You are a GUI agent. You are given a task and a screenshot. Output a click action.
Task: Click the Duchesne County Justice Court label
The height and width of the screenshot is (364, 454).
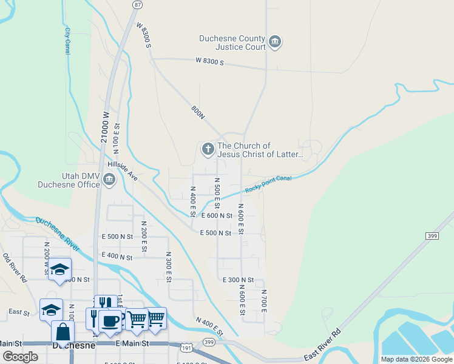[x=232, y=42]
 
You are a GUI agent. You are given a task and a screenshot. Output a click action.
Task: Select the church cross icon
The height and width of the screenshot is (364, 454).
[x=207, y=149]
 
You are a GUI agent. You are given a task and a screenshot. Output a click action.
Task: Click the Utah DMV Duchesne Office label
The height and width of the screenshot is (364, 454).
[x=68, y=180]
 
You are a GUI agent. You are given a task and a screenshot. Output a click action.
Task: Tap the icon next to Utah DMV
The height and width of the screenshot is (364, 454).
[x=109, y=178]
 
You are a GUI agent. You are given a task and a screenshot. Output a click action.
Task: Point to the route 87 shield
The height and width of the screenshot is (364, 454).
[x=138, y=5]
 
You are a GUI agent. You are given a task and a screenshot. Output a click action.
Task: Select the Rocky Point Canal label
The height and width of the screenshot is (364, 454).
[x=268, y=184]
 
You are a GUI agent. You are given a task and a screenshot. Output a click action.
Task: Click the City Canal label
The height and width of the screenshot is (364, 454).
[x=67, y=41]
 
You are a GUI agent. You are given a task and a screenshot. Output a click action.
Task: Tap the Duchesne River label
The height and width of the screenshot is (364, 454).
[x=58, y=234]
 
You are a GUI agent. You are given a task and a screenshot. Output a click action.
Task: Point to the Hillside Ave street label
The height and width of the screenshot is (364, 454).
[x=123, y=169]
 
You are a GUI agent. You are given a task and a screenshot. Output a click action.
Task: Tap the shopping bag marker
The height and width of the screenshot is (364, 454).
[x=63, y=332]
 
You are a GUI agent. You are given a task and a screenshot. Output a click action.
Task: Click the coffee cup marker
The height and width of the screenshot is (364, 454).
[x=110, y=320]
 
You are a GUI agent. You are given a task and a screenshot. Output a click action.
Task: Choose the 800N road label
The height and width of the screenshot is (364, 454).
[x=198, y=113]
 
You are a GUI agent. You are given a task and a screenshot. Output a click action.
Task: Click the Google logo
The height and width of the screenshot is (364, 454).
[x=21, y=356]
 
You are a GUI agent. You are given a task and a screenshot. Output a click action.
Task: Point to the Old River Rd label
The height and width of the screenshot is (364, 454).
[x=15, y=268]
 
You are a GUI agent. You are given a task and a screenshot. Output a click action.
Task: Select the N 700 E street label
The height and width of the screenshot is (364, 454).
[x=264, y=302]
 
